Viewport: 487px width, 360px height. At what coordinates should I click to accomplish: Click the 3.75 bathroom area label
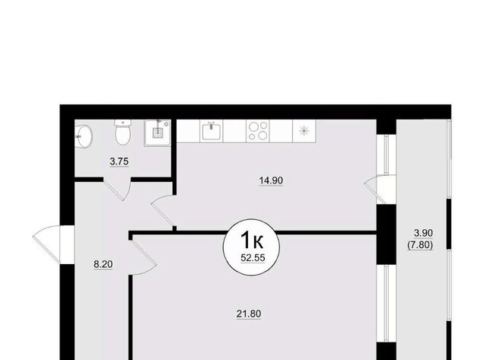[x=119, y=161]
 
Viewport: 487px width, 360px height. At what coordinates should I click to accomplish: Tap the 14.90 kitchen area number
[x=271, y=180]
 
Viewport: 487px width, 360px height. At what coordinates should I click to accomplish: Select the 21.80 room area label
[x=249, y=314]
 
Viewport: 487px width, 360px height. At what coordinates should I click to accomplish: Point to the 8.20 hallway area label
[x=103, y=264]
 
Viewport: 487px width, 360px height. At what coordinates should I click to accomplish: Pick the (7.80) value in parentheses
[x=420, y=245]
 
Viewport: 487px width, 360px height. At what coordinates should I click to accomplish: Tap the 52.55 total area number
[x=253, y=257]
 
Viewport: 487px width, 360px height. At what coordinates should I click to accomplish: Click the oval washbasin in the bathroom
[x=84, y=135]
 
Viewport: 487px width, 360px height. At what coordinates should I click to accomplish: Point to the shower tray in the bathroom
[x=158, y=133]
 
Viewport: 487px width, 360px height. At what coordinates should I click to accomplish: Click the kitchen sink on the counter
[x=212, y=131]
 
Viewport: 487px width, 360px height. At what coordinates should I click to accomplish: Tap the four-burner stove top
[x=258, y=131]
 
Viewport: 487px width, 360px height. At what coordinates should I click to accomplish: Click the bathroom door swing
[x=117, y=190]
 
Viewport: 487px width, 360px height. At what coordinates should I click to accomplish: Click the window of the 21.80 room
[x=387, y=304]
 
